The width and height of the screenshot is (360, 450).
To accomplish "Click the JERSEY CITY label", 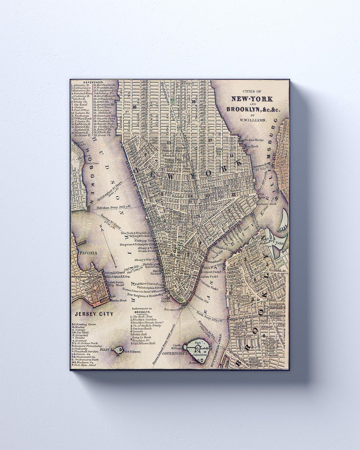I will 93,314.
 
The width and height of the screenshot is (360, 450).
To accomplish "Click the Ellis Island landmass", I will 118,351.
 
